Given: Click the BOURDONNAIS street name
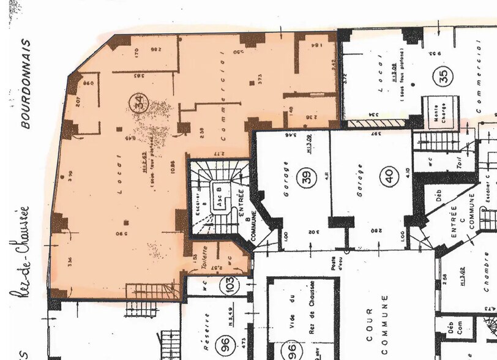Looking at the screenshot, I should click(25, 84).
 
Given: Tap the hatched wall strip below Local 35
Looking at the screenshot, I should click(375, 123).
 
